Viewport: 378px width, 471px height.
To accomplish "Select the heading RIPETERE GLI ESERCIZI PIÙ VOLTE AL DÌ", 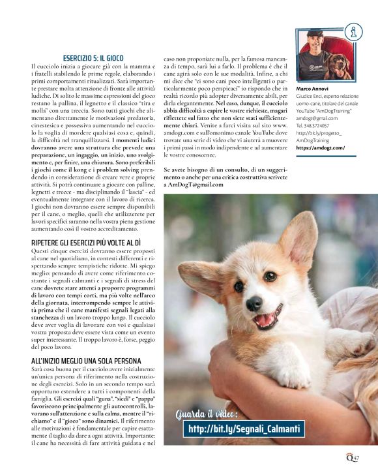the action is pyautogui.click(x=87, y=242).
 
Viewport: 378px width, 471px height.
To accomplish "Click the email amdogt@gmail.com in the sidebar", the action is pyautogui.click(x=317, y=117).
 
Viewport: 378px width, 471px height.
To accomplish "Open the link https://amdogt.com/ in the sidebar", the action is pyautogui.click(x=321, y=147).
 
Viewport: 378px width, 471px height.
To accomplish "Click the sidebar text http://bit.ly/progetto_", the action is pyautogui.click(x=319, y=132).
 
